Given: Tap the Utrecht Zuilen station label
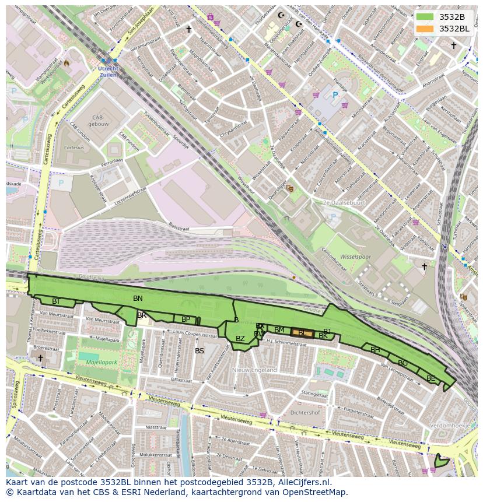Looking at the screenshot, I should [x=108, y=72].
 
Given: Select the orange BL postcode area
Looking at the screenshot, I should [x=303, y=333].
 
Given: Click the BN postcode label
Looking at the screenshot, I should [x=138, y=299].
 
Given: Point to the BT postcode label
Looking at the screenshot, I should [x=56, y=301].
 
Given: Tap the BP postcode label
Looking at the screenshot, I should [x=185, y=320].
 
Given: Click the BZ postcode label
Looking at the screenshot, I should [x=240, y=339].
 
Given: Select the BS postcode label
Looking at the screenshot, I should [x=199, y=351].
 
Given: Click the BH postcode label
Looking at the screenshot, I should [x=375, y=350].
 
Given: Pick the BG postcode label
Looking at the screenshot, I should [x=402, y=363].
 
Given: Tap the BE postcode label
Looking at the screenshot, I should [x=430, y=378].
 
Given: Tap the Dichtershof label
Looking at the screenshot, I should [x=306, y=413].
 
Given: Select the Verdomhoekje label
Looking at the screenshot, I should [x=450, y=426].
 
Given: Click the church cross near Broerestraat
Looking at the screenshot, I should [x=40, y=357].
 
